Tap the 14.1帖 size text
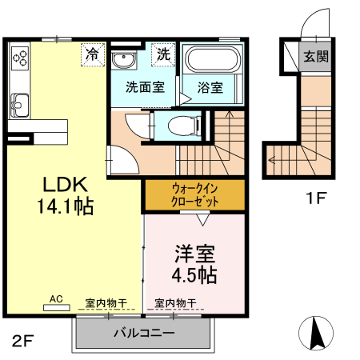pyautogui.click(x=65, y=206)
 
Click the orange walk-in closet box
pyautogui.click(x=194, y=195)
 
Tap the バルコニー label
pyautogui.click(x=143, y=332)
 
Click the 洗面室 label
pyautogui.click(x=145, y=86)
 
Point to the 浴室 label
pyautogui.click(x=209, y=86)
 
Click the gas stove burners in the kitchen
pyautogui.click(x=19, y=57)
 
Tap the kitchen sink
pyautogui.click(x=18, y=104)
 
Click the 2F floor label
pyautogui.click(x=23, y=341)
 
